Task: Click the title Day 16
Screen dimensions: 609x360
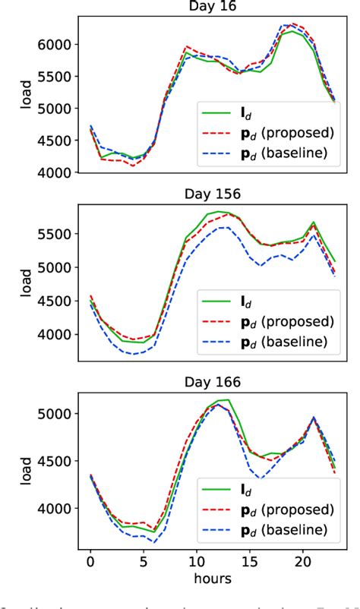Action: [x=213, y=7]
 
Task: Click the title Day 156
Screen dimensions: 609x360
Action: [x=213, y=194]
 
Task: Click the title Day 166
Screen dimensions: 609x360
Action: [x=213, y=381]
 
